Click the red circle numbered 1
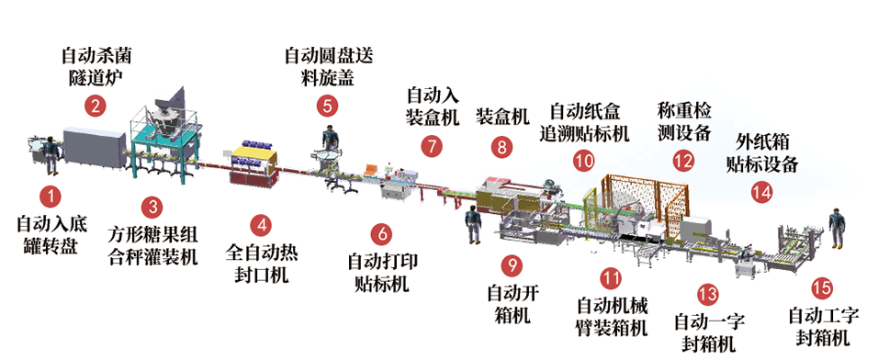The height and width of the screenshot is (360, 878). coord(51,197)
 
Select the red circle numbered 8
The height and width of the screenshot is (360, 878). coord(501,147)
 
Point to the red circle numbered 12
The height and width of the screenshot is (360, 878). coord(683,162)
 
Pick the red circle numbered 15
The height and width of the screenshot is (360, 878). coord(821,288)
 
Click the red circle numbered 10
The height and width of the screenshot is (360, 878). coord(584,162)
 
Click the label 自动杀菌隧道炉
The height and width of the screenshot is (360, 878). coord(96,67)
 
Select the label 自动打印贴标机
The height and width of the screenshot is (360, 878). coord(383,273)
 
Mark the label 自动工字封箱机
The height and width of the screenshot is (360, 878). coord(822,328)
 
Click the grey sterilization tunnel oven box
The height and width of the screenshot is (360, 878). coord(94,147)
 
